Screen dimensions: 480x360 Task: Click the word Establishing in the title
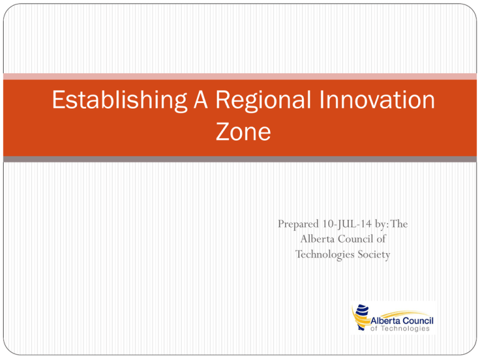coord(119,101)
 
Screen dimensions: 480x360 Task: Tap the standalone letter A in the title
coord(201,99)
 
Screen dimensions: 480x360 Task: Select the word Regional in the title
coord(263,101)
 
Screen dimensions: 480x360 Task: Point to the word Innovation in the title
coord(377,99)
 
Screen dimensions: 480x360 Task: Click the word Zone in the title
coord(243,132)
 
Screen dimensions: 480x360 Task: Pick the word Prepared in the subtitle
coord(298,224)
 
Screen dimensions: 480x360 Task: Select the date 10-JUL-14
coord(347,224)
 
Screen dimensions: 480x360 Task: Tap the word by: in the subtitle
coord(382,224)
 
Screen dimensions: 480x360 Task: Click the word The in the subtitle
coord(399,224)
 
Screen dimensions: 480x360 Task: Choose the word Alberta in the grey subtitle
coord(317,239)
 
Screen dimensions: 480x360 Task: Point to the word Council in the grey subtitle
coord(356,239)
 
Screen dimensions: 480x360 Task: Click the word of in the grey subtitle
coord(381,239)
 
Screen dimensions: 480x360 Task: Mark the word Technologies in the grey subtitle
coord(325,255)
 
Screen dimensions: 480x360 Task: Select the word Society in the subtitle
coord(374,255)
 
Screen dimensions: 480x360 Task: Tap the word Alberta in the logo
coord(385,321)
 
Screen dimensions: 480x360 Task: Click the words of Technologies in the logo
coord(400,329)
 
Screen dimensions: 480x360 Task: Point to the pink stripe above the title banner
coord(240,76)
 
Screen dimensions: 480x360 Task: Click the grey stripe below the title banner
coord(240,159)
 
